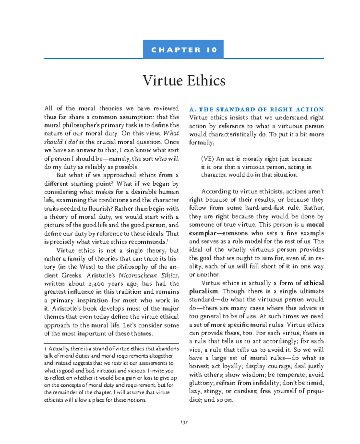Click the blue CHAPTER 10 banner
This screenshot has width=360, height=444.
(183, 49)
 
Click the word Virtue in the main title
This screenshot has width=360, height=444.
(162, 80)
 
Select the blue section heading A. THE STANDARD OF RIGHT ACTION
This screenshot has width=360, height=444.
(256, 109)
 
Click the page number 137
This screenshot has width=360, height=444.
(184, 422)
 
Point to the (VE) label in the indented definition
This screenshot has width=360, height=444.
(207, 159)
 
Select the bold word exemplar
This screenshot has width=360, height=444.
(202, 233)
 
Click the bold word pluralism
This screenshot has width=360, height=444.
(204, 291)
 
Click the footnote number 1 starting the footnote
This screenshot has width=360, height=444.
(45, 349)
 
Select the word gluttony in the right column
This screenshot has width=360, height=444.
(201, 383)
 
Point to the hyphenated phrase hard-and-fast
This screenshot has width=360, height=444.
(264, 208)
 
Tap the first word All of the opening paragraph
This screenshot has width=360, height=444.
(49, 109)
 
